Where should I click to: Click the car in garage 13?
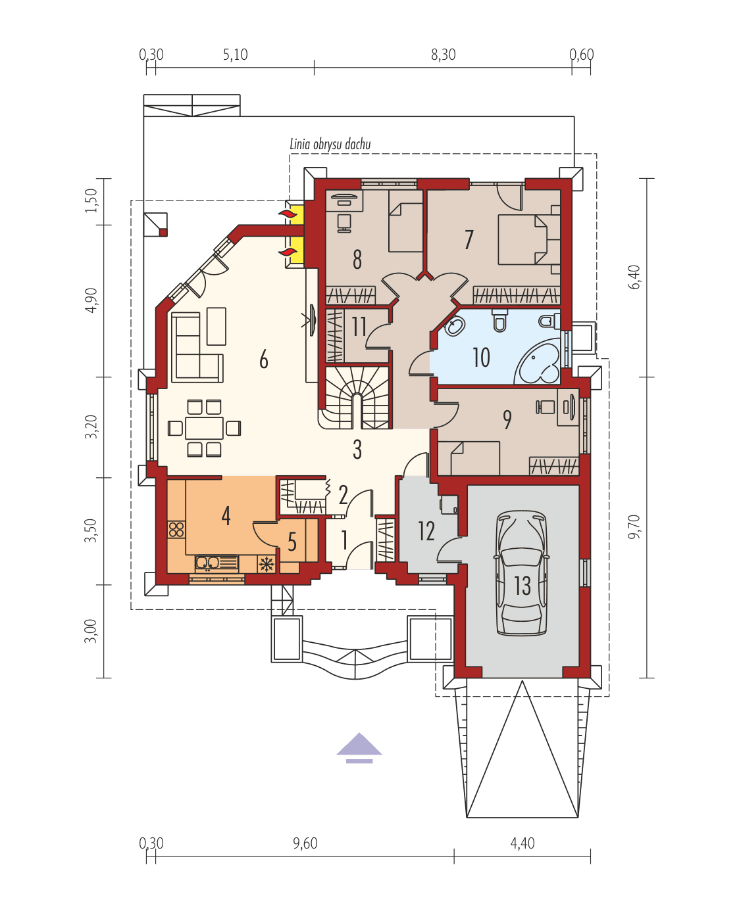[522, 573]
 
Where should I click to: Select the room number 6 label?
[263, 360]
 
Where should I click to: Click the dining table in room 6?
[204, 429]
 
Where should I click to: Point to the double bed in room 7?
[522, 239]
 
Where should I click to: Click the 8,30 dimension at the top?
[443, 55]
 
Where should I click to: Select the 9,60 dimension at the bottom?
[305, 843]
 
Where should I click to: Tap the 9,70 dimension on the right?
[633, 526]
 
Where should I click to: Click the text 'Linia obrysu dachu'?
[330, 144]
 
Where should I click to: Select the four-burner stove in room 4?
[176, 528]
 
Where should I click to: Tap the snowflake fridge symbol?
[267, 563]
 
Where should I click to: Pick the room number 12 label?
[426, 531]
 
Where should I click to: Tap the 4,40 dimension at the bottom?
[522, 843]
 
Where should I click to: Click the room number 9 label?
[507, 420]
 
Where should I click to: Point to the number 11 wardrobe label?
[359, 326]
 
